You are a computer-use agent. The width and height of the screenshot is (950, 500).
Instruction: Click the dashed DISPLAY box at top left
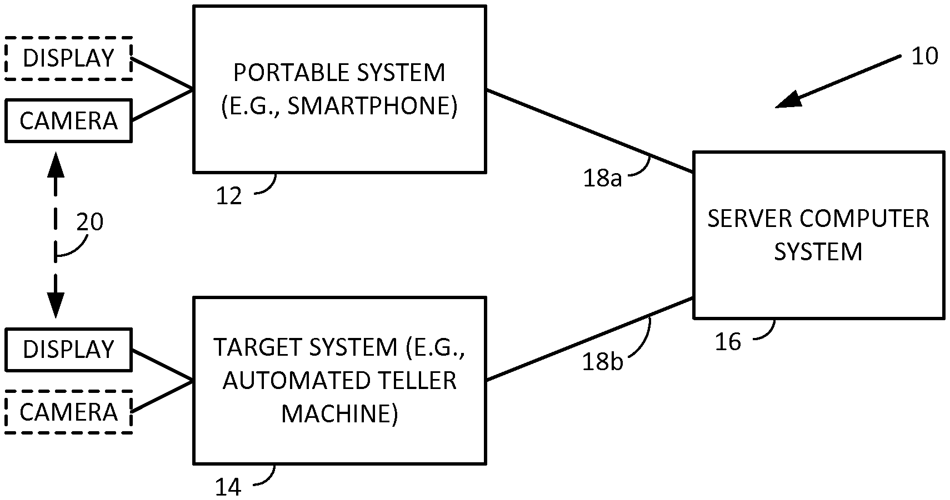[x=68, y=58]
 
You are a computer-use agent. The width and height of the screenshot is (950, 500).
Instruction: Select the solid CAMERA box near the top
[x=68, y=121]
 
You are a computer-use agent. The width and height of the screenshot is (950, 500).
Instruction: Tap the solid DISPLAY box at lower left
[x=68, y=350]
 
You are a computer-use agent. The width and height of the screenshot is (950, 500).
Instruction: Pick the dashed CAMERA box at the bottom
[x=68, y=412]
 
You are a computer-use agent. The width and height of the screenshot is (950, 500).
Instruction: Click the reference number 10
[x=924, y=56]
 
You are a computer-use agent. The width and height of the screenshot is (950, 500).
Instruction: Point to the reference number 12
[x=229, y=196]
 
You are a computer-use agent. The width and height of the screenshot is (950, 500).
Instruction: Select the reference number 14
[x=228, y=487]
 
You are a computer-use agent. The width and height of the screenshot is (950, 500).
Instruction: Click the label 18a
[x=602, y=179]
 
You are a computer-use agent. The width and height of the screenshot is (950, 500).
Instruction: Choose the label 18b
[x=602, y=362]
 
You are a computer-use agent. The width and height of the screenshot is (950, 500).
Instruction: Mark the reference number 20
[x=89, y=222]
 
